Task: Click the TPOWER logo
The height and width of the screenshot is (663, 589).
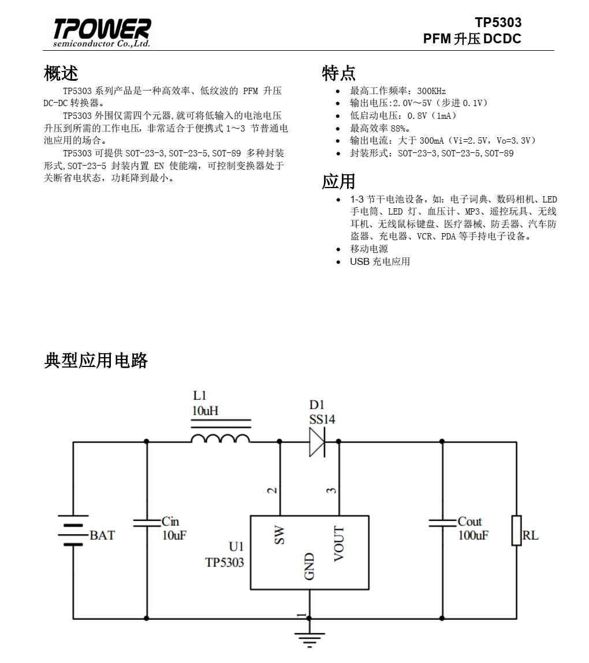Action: pos(102,32)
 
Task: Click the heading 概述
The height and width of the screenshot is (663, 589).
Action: pos(61,73)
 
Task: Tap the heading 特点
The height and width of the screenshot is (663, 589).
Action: pos(338,73)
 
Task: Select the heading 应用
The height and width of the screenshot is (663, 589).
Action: pos(338,181)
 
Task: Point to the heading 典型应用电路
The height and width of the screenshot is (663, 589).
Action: pos(96,360)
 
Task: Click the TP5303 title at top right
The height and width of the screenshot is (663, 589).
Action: pos(498,23)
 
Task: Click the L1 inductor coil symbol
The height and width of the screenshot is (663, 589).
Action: pos(221,438)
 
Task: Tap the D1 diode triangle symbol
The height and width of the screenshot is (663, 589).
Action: pos(317,442)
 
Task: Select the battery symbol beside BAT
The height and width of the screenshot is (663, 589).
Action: pos(73,530)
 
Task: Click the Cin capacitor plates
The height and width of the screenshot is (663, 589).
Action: pos(147,523)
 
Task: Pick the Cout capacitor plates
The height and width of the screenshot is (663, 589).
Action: pos(442,523)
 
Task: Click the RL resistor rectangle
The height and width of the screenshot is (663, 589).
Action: pos(516,530)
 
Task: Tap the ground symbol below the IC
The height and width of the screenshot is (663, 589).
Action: pos(310,639)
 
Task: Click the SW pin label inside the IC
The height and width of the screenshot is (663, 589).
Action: pos(279,535)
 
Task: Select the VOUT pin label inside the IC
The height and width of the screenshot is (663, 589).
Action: pos(338,544)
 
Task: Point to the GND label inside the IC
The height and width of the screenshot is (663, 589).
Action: pos(310,566)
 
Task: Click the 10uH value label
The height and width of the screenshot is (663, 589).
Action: pos(205,411)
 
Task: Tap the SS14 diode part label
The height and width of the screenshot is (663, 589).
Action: pos(322,419)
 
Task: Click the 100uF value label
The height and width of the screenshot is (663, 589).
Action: pos(473,535)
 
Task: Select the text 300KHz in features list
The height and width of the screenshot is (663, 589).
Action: pos(431,91)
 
